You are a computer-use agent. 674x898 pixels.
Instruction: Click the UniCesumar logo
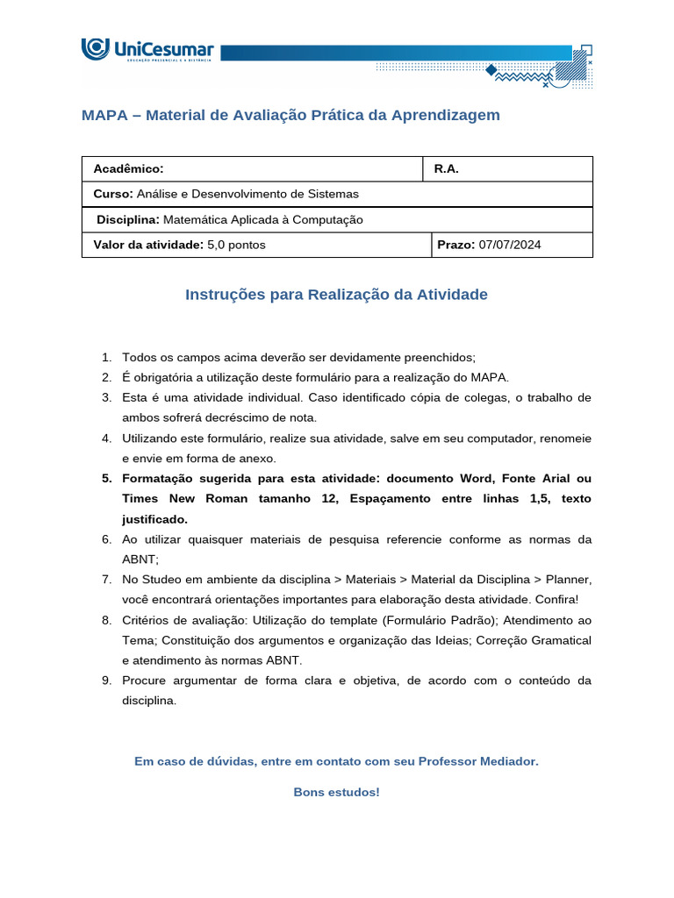point(147,50)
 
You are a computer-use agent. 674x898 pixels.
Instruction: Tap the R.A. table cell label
point(447,169)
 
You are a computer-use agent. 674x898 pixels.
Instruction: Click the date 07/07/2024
point(510,245)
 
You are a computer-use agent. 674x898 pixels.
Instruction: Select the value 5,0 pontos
point(237,245)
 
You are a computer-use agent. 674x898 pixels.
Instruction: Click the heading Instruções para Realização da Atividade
point(336,295)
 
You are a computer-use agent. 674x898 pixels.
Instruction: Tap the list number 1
point(105,357)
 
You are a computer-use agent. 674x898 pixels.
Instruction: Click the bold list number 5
point(106,478)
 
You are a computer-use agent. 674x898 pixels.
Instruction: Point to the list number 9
point(105,680)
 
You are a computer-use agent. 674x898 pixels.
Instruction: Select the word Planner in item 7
point(569,579)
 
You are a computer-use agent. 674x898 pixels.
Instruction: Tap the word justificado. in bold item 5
point(155,518)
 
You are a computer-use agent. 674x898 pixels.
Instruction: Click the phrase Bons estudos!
point(336,792)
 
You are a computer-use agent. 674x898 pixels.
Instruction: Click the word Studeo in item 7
point(162,579)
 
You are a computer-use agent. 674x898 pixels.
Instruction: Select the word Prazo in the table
point(455,245)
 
